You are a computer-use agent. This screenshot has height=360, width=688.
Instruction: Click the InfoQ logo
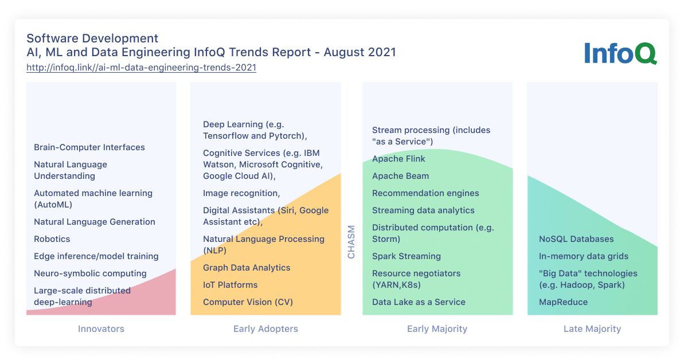620,53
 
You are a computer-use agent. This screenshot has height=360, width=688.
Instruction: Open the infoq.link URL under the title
141,68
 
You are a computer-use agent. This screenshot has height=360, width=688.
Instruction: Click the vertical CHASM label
351,242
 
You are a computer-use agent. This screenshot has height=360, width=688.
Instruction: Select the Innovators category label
101,329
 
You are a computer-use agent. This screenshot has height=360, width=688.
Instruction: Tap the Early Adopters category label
265,329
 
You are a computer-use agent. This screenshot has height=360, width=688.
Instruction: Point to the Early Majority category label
437,329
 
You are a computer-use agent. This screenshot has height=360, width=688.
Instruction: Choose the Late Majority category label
592,329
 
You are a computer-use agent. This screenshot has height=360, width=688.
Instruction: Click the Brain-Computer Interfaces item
89,147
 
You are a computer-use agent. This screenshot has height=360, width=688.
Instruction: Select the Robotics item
52,239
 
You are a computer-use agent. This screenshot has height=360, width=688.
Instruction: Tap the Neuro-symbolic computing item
90,273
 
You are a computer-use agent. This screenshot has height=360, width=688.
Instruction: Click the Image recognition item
241,193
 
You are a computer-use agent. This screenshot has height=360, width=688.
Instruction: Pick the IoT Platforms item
230,285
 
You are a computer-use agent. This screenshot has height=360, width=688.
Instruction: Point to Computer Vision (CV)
248,302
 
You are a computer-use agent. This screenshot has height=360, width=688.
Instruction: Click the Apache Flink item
398,159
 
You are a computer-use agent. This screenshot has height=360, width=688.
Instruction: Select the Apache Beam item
400,176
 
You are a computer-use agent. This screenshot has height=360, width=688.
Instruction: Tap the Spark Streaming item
406,256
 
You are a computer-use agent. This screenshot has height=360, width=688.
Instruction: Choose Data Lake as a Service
419,302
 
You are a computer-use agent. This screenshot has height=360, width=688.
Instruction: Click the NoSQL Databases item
576,239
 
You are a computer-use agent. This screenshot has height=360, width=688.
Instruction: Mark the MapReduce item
563,302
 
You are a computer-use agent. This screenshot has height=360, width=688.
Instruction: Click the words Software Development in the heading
92,38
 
